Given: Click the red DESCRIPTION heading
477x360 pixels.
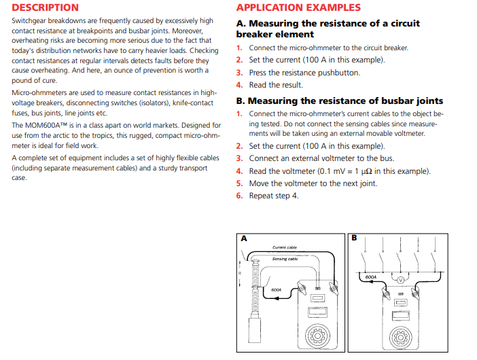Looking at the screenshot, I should point(45,8).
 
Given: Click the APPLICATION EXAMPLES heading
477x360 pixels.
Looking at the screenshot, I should point(298,8).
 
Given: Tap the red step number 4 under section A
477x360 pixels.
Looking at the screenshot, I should point(239,85).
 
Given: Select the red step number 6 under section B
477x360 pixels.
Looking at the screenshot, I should point(239,196).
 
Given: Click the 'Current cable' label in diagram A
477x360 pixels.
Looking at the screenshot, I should point(284,247).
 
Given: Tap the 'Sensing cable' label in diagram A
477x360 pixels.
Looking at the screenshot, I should point(285,259).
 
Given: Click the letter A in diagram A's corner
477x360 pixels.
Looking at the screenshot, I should point(244,238).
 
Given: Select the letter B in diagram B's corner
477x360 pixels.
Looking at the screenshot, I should point(354,238).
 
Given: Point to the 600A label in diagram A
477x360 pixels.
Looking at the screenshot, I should point(277,289).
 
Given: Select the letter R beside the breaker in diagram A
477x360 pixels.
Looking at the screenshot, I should point(239,273).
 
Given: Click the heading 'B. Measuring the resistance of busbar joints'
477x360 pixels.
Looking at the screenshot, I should point(339,101).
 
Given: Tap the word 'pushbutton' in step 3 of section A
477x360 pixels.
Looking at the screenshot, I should point(336,73).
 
